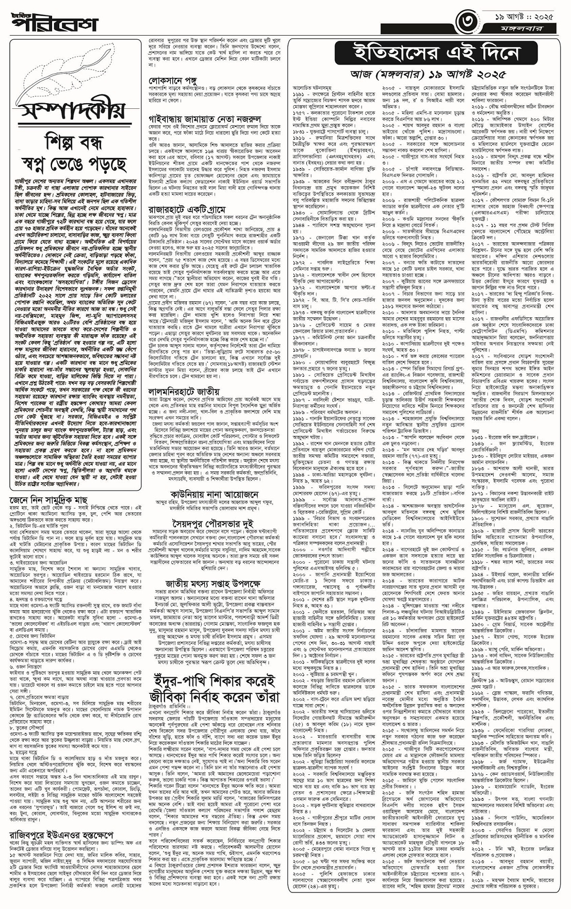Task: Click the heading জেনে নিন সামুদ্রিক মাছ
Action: point(48,499)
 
